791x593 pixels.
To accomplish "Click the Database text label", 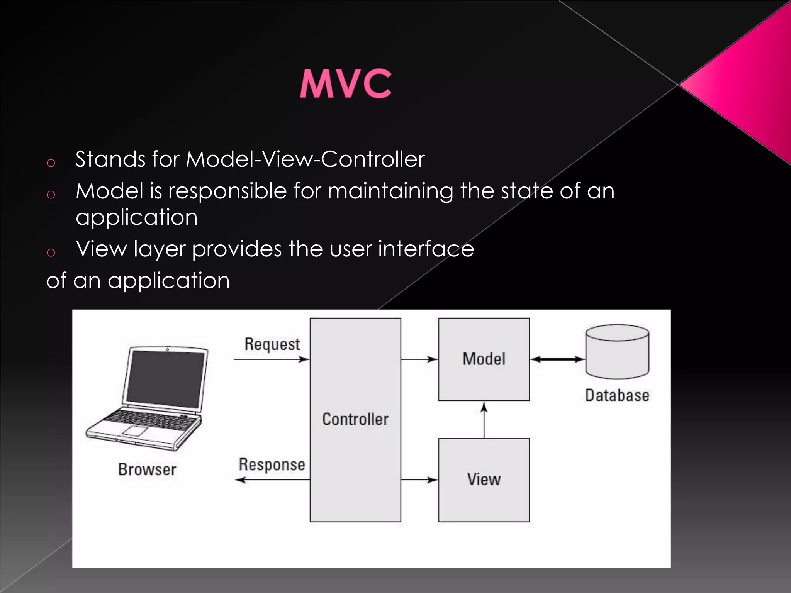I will [x=617, y=396].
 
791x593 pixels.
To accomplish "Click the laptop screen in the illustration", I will [x=165, y=378].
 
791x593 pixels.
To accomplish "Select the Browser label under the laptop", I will [x=147, y=470].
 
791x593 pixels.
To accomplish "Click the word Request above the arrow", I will [x=272, y=344].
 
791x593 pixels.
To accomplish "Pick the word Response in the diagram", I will [x=272, y=465].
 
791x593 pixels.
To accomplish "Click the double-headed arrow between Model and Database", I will [x=557, y=359].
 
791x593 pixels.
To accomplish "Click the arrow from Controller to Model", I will [x=419, y=359].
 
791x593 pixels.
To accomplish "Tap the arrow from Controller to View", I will [x=419, y=480].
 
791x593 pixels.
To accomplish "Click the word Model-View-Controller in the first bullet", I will [x=305, y=159].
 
